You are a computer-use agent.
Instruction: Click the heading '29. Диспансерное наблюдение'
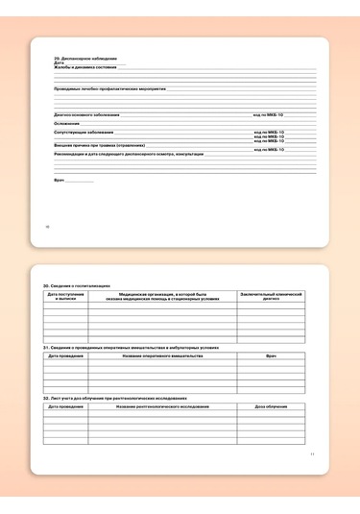click(76, 59)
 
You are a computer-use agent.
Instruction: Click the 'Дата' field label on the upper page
click(59, 62)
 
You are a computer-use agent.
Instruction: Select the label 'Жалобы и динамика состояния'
click(85, 67)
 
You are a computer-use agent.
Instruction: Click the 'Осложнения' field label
click(67, 123)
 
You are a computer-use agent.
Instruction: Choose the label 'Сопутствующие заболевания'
click(84, 132)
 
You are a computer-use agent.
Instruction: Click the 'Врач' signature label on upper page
click(59, 180)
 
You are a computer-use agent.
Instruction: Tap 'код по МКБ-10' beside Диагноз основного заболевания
click(269, 114)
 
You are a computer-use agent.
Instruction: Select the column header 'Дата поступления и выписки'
click(65, 296)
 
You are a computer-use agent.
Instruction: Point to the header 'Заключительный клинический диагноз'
click(271, 296)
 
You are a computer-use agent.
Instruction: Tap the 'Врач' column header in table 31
click(271, 355)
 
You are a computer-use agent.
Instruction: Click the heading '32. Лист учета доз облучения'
click(114, 397)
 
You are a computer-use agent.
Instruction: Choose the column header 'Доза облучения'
click(271, 406)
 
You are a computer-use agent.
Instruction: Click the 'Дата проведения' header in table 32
click(65, 406)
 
